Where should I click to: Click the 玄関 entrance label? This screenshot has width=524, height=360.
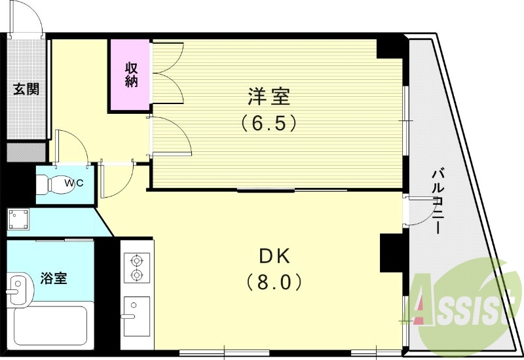tap(26, 89)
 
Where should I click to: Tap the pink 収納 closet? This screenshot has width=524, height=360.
tap(130, 75)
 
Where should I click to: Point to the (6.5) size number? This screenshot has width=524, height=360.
tap(269, 122)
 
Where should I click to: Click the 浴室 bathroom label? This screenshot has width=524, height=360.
tap(54, 278)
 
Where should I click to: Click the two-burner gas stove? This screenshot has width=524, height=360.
tap(136, 267)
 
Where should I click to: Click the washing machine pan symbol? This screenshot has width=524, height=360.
tap(18, 218)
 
